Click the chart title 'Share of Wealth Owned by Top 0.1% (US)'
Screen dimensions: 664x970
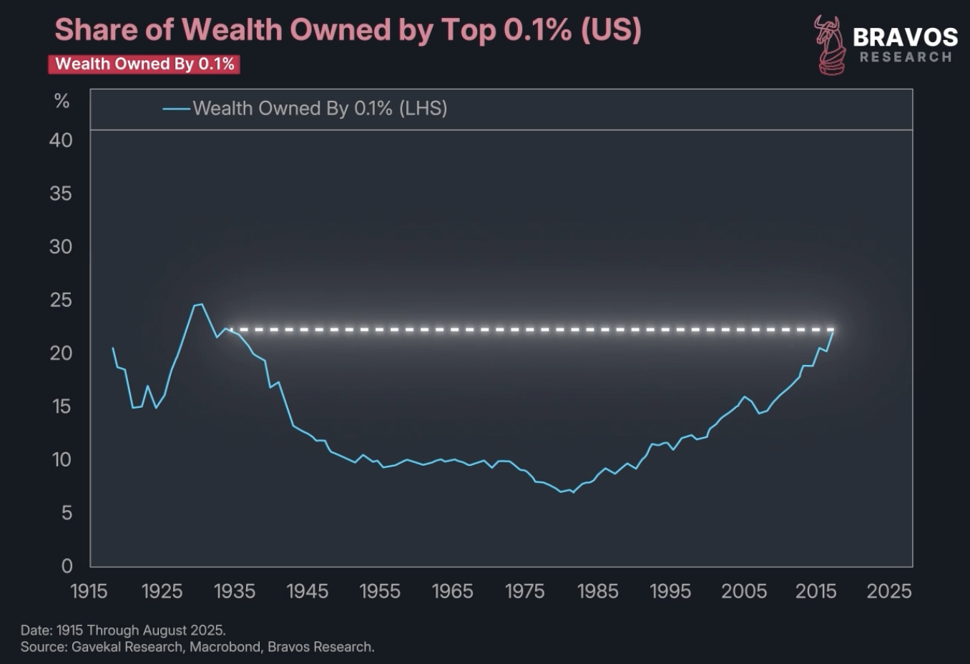tap(348, 30)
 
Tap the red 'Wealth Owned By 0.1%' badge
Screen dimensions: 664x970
tap(144, 64)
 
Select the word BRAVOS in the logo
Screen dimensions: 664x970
tap(905, 37)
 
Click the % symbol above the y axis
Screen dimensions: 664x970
tap(62, 102)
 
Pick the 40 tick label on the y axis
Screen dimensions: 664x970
tap(61, 140)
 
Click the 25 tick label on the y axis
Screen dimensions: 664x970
tap(61, 300)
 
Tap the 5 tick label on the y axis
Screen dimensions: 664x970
tap(66, 512)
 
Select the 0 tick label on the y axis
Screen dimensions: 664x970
tap(67, 566)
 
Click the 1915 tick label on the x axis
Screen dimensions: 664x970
tap(89, 592)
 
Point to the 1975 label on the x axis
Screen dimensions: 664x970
tap(524, 592)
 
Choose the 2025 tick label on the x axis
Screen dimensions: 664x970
tap(888, 592)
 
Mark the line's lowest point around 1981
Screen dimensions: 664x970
tap(561, 492)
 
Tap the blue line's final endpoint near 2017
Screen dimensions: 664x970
tap(833, 330)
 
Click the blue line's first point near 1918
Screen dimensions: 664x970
tap(112, 348)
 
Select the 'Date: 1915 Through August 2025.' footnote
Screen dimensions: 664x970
tap(123, 630)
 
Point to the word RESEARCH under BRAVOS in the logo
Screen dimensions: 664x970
tap(906, 57)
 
